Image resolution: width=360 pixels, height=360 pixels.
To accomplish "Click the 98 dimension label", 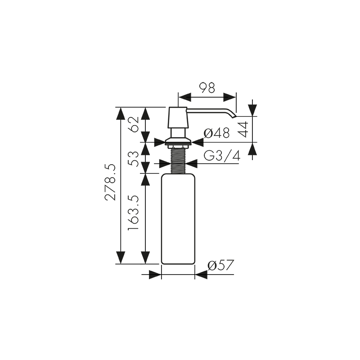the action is coord(207,88).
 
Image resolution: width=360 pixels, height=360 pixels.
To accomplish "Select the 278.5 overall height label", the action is coord(110,182).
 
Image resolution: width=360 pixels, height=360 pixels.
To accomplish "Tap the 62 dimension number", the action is coord(134,124).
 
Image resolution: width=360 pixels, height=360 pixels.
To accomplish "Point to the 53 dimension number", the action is coord(134,159).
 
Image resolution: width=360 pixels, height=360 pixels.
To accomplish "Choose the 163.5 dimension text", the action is coord(133,213).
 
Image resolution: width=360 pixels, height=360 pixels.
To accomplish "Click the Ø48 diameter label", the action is coord(216,133).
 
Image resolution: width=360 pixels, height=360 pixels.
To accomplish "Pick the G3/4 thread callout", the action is coord(222,156).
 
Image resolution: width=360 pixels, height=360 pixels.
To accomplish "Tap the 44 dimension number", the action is coord(243,130).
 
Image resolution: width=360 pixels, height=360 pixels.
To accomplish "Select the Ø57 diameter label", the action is coord(220,265).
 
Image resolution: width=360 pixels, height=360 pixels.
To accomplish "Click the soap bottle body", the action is coord(178,219).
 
